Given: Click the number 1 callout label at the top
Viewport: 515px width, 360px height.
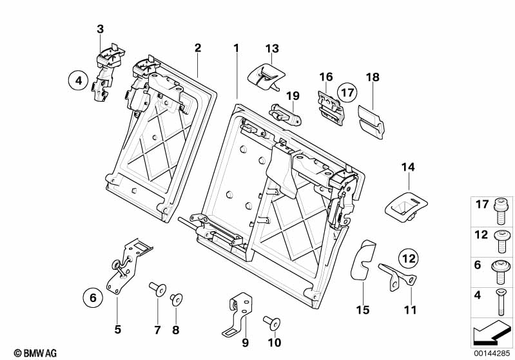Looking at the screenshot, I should point(236,48).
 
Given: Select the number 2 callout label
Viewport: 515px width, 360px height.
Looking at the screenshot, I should point(198,48).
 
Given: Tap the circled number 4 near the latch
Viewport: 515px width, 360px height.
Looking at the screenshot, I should point(77,81).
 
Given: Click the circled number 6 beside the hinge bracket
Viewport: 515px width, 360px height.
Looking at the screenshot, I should point(92,298).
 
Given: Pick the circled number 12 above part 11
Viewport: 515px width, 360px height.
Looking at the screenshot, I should point(407,258).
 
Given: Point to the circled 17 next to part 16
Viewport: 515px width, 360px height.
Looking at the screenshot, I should point(347,93).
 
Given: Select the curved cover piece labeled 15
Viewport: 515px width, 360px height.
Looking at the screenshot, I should point(361,261).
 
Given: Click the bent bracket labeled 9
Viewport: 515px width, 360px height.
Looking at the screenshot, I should point(238,314).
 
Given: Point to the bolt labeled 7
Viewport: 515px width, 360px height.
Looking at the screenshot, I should point(156,288).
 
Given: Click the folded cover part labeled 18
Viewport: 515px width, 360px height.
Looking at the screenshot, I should point(370,120).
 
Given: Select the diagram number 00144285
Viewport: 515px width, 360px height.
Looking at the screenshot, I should point(491,352).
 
